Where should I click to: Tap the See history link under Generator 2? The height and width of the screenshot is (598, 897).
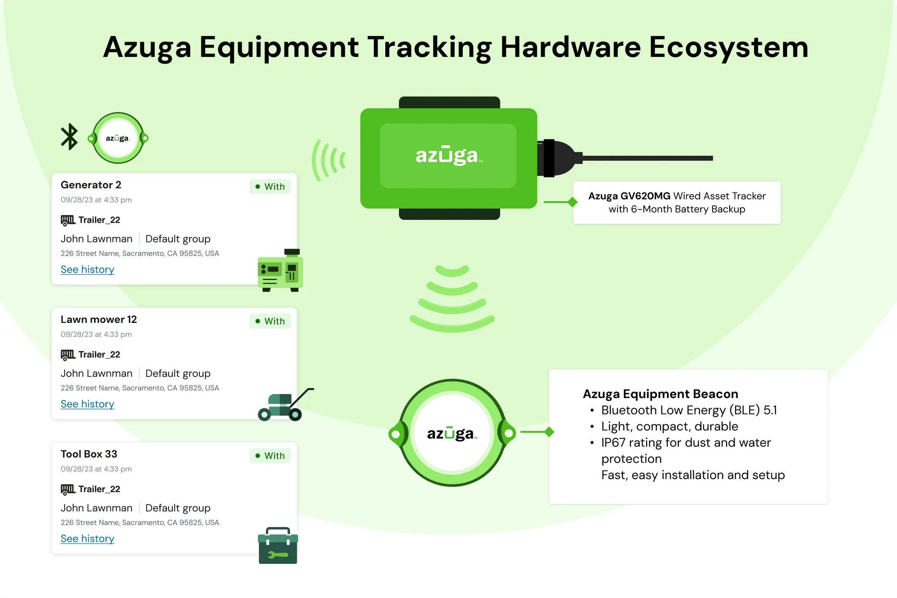tap(87, 269)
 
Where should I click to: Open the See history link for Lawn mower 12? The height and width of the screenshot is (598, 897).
tap(87, 404)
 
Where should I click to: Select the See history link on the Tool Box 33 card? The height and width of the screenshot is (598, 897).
tap(87, 538)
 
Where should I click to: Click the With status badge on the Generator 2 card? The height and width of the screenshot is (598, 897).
tap(270, 187)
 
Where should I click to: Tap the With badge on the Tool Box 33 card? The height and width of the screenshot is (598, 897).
tap(270, 456)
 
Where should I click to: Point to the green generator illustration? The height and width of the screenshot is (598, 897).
tap(280, 271)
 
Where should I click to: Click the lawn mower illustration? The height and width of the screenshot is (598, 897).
tap(286, 405)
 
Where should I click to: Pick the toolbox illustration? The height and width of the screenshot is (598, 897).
tap(278, 546)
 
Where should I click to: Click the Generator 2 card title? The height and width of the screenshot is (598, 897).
tap(91, 185)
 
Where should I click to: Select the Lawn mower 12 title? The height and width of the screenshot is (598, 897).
tap(99, 319)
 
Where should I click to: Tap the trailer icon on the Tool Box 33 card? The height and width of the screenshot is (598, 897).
tap(68, 489)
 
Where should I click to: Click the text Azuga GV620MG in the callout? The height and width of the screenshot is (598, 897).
tap(629, 196)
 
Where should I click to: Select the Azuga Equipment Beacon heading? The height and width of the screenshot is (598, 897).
tap(660, 394)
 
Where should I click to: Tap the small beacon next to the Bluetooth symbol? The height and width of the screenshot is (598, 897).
tap(118, 138)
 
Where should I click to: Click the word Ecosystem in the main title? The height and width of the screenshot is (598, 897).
tap(728, 47)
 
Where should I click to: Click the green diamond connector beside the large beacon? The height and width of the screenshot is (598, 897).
tap(549, 432)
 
